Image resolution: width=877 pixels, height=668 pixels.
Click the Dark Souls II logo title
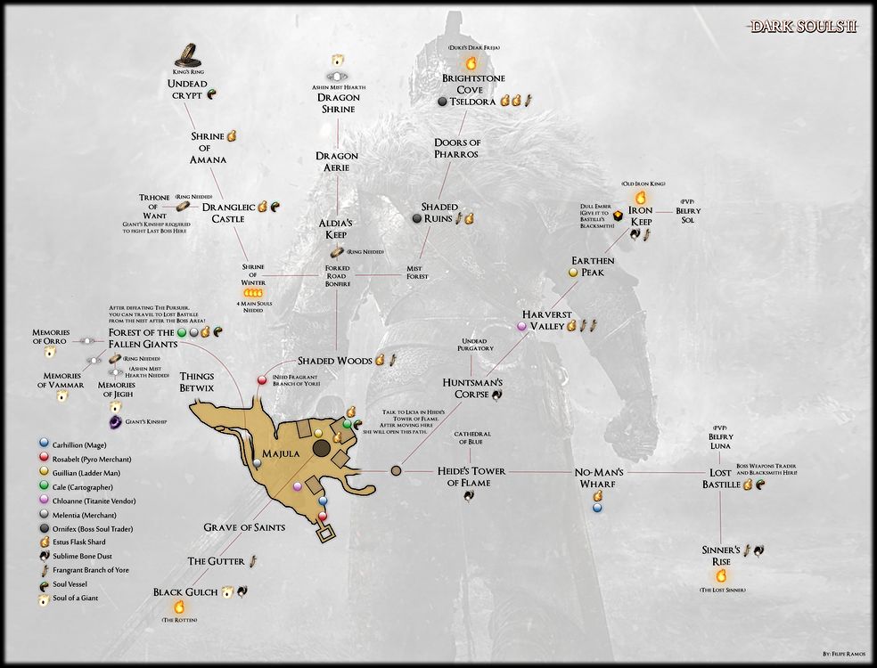pyautogui.click(x=803, y=27)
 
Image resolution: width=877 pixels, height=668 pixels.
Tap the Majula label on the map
pyautogui.click(x=283, y=453)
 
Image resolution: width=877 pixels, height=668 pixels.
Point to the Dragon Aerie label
pyautogui.click(x=337, y=161)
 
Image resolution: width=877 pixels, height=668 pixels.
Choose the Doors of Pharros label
pyautogui.click(x=456, y=148)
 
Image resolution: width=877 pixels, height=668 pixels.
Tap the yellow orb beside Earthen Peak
pyautogui.click(x=574, y=271)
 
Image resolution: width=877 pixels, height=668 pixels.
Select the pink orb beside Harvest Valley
pyautogui.click(x=522, y=327)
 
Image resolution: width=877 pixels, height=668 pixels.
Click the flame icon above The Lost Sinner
pyautogui.click(x=721, y=575)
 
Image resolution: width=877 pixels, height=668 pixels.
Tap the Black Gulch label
pyautogui.click(x=185, y=591)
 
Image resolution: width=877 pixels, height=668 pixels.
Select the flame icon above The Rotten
pyautogui.click(x=178, y=607)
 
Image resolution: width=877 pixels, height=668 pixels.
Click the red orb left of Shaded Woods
pyautogui.click(x=263, y=380)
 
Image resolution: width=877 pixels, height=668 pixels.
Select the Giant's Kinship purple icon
pyautogui.click(x=115, y=420)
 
